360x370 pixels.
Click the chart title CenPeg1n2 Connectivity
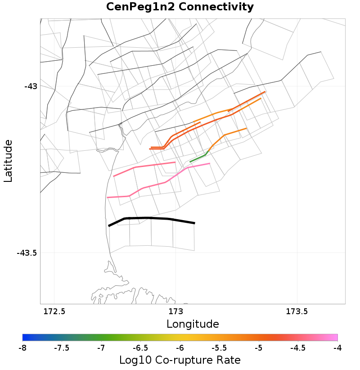(180, 7)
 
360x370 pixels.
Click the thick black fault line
(148, 218)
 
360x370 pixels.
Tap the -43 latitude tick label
(31, 86)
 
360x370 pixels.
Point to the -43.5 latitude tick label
(27, 253)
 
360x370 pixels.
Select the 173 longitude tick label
(175, 311)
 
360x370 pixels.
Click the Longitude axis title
(193, 324)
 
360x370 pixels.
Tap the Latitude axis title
(8, 161)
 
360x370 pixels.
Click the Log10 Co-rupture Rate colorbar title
(180, 360)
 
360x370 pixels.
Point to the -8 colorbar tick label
(22, 348)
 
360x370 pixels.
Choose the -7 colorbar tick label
(101, 348)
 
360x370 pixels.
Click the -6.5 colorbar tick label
(140, 348)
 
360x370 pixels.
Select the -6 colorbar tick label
(180, 348)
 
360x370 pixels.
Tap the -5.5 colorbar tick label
(219, 348)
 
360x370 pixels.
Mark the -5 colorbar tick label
(259, 348)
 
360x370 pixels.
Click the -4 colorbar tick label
(337, 348)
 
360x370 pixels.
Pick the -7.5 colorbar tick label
(62, 348)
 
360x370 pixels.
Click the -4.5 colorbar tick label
(298, 348)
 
